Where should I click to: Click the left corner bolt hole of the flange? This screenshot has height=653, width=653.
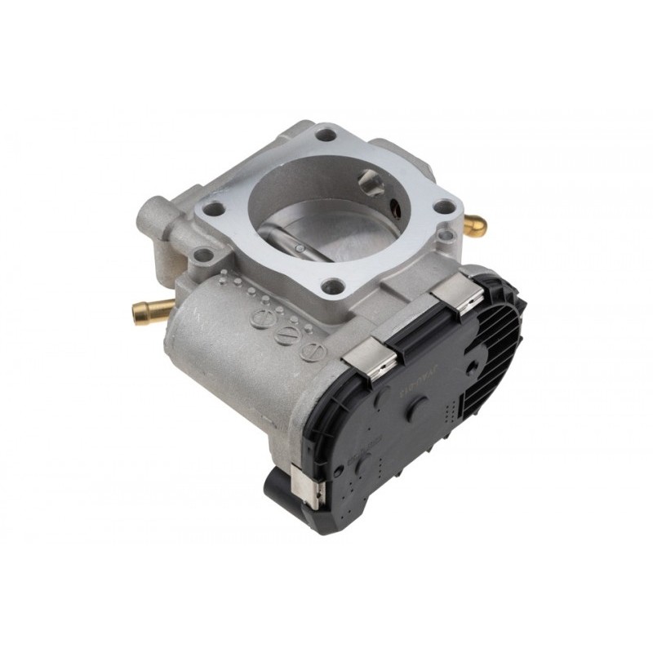pyautogui.click(x=214, y=209)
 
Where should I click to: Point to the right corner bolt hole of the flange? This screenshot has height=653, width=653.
pyautogui.click(x=443, y=207)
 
